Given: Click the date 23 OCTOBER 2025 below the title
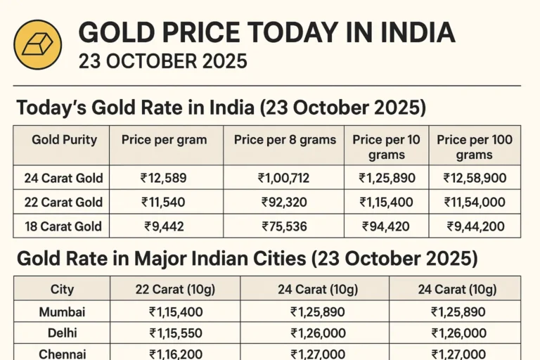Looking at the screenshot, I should pos(162,61).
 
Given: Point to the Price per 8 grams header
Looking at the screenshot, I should pos(285,139).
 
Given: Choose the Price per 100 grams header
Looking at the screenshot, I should pos(474,146).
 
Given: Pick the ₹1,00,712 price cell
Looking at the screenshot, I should pos(285,178).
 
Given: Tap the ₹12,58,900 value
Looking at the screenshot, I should pos(474,178).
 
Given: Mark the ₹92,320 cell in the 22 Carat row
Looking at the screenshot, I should pos(285,202).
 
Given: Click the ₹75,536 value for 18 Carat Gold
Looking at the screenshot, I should pos(285,226).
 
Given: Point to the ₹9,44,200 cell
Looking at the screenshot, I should pos(475,226).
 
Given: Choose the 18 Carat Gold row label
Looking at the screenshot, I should pos(63,226).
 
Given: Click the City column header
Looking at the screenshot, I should pos(62,289).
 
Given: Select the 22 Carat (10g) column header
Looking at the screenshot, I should pos(174,289).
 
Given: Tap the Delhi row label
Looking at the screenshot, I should pos(63,333).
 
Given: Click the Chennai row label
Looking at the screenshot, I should pos(63,354).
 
